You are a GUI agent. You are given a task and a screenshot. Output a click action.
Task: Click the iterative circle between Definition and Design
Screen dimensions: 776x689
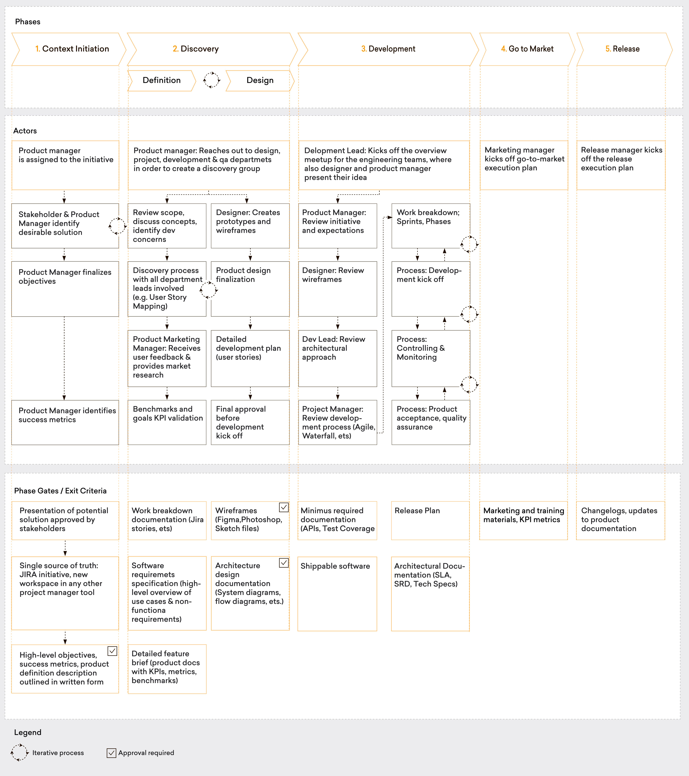tap(211, 80)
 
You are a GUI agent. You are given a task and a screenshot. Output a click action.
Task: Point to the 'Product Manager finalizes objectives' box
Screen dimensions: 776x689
tap(65, 289)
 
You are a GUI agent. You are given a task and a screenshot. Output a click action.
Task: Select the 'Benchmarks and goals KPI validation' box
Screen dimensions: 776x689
tap(167, 422)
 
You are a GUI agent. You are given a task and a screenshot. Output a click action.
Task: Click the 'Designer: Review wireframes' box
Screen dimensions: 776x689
tap(338, 289)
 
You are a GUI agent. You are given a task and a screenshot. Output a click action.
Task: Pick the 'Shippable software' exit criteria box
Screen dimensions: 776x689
tap(337, 593)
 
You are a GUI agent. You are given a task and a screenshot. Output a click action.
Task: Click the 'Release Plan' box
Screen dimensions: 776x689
tap(430, 520)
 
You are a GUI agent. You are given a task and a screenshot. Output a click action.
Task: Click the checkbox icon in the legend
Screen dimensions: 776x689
tap(111, 753)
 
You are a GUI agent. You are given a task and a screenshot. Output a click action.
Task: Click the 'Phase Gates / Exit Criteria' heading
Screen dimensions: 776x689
tap(60, 491)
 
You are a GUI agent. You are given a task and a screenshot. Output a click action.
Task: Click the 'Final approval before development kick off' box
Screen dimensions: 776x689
tap(250, 422)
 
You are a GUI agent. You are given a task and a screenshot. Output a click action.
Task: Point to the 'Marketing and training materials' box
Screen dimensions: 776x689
tap(524, 520)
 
